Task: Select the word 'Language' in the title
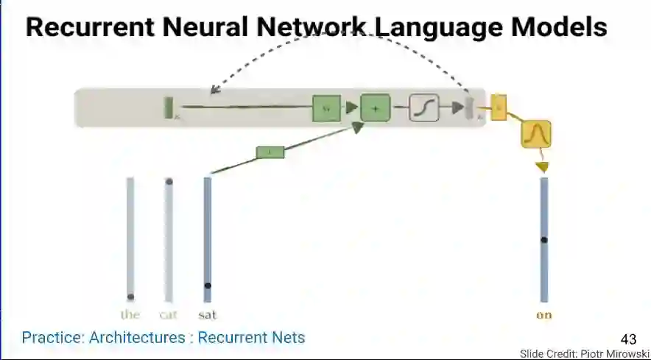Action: (x=436, y=27)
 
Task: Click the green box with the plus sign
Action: (x=375, y=109)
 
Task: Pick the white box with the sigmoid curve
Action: (x=423, y=109)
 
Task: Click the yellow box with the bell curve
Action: (x=536, y=134)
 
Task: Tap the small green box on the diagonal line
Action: (x=270, y=152)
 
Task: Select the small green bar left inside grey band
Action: (x=168, y=107)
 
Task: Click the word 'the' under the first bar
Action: (x=130, y=315)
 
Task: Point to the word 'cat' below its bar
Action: (x=169, y=315)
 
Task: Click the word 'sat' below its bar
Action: (x=208, y=315)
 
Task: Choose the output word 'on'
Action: (x=544, y=315)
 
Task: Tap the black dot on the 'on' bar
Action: (x=544, y=240)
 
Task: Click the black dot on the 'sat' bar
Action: (x=208, y=286)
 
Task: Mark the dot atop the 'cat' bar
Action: (x=169, y=181)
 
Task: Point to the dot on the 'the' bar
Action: (x=130, y=297)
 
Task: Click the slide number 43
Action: (x=628, y=339)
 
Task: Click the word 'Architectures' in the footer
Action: (x=137, y=338)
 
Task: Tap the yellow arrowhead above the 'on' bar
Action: (x=543, y=168)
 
